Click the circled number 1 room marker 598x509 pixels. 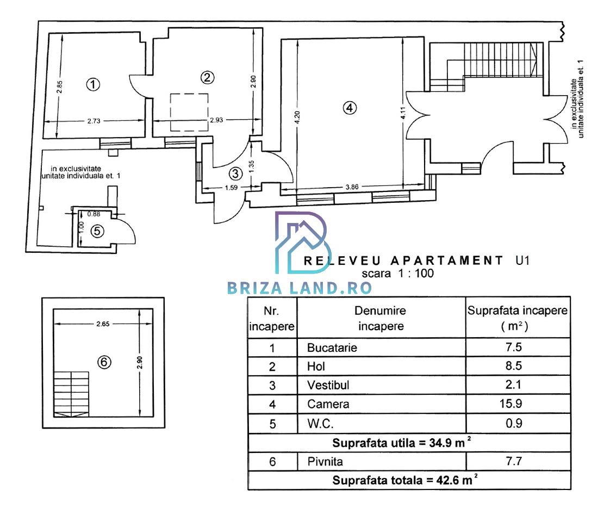pos(93,84)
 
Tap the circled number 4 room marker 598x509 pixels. pos(350,108)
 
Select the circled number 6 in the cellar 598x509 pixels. pos(104,362)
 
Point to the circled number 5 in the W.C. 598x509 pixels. pos(97,231)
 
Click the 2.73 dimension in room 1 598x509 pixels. pos(94,121)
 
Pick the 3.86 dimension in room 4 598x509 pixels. pos(352,187)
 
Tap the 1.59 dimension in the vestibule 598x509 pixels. pos(231,188)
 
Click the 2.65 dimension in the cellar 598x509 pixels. pos(103,324)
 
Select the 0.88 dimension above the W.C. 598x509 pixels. pos(94,214)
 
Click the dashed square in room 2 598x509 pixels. pos(189,113)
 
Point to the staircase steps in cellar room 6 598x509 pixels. pos(71,394)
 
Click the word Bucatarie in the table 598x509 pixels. pos(332,347)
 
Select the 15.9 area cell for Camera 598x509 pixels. pos(510,404)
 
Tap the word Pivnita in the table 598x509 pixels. pos(325,462)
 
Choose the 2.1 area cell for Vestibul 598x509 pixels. pos(513,384)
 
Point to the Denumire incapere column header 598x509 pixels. pos(380,318)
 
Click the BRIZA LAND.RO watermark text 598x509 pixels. pos(300,288)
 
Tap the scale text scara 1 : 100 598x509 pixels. pos(398,273)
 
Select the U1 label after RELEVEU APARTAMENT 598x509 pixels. pos(522,260)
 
